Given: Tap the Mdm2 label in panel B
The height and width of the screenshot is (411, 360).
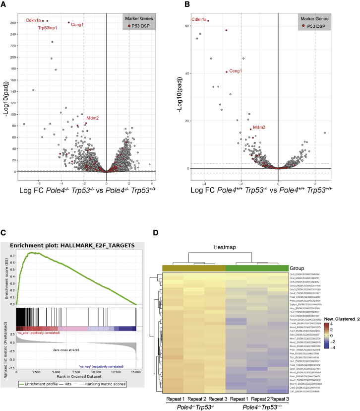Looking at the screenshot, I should pyautogui.click(x=259, y=128).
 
